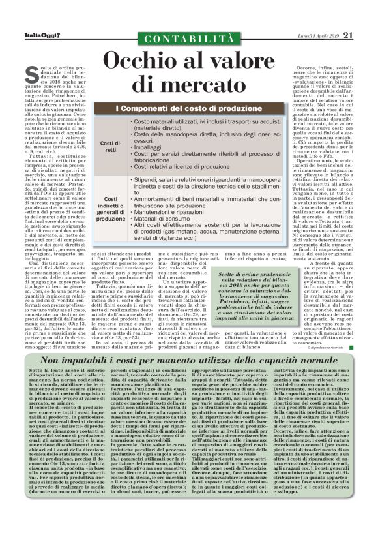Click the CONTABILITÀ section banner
pyautogui.click(x=188, y=40)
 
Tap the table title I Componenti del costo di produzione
pyautogui.click(x=189, y=107)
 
